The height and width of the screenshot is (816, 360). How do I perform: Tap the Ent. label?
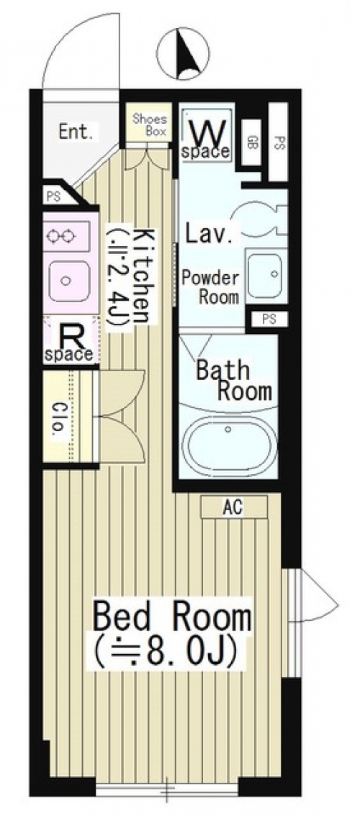click(76, 132)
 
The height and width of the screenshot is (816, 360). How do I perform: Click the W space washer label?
click(206, 139)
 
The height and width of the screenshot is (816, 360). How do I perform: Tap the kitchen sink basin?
click(69, 281)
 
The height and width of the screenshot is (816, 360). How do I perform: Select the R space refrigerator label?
click(71, 343)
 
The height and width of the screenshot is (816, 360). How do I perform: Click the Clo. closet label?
click(58, 418)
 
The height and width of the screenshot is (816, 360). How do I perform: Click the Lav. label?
click(209, 235)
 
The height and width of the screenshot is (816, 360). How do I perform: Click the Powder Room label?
click(210, 286)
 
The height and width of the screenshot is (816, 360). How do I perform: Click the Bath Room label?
click(233, 381)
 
